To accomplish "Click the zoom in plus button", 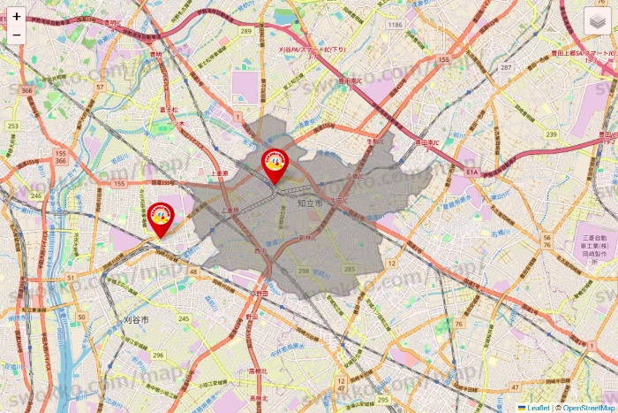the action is tap(17, 16).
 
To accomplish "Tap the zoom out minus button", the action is tap(17, 35).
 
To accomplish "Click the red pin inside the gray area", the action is tap(275, 165).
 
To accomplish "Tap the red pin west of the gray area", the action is tap(160, 218).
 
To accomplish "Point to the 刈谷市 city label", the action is tap(136, 318).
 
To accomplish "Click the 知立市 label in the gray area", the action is tap(310, 203).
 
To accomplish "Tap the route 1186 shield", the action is tap(395, 25).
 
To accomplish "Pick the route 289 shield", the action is tap(245, 32).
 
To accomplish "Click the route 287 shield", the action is tap(506, 67).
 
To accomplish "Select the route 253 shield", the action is tap(12, 126).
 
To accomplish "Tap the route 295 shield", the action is tap(350, 268).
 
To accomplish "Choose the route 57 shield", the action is tap(101, 87).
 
